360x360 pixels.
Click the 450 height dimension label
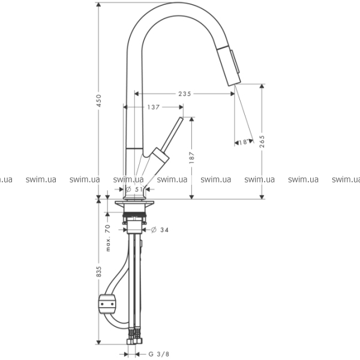[x=99, y=101]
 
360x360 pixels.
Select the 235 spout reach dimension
[x=185, y=94]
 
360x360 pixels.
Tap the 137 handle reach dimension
[x=153, y=107]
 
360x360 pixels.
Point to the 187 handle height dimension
[x=192, y=157]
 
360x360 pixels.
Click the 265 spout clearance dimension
[x=262, y=142]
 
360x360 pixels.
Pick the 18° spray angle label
[x=244, y=142]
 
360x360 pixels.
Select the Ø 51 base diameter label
[x=134, y=190]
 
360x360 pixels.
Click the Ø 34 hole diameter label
[x=160, y=230]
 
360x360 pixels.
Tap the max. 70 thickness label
[x=108, y=238]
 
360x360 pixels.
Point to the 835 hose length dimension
[x=99, y=272]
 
